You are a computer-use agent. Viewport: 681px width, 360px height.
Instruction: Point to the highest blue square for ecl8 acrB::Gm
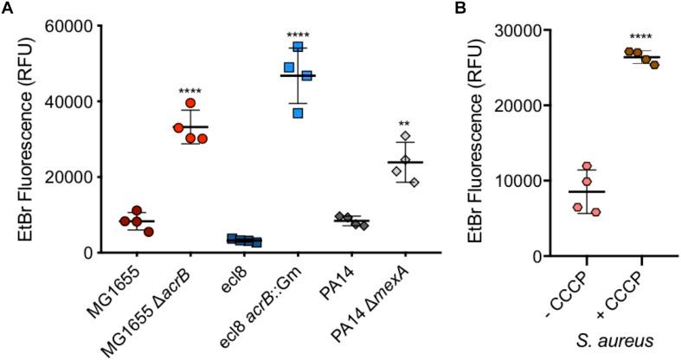tap(298, 47)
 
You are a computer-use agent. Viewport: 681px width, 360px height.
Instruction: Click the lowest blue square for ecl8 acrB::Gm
tap(299, 112)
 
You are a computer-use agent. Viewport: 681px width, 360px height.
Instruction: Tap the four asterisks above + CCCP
tap(641, 37)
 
